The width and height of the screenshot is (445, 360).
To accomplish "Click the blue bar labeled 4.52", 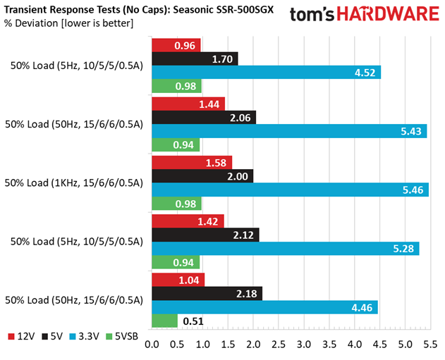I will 267,72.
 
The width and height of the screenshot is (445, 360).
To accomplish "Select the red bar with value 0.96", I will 176,45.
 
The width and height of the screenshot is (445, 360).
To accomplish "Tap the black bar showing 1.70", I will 195,58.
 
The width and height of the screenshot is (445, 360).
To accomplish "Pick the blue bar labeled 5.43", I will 289,131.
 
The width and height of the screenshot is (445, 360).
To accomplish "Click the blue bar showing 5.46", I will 290,190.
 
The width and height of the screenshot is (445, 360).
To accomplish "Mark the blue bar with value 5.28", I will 286,249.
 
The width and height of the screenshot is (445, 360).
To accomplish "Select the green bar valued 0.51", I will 164,321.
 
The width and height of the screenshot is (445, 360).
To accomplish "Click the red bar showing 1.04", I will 178,280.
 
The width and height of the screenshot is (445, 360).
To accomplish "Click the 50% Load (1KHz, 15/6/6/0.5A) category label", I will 73,183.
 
